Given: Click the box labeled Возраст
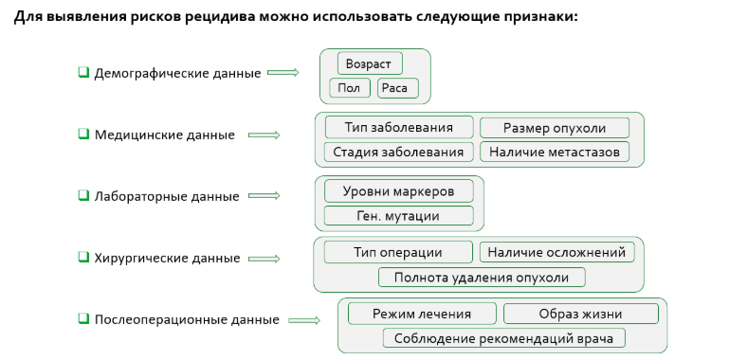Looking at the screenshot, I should (x=370, y=63).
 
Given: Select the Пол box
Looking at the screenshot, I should (x=350, y=89).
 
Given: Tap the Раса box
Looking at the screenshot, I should (x=397, y=89).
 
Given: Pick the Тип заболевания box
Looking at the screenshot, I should (x=398, y=127).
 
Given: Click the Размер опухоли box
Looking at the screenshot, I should (x=555, y=128).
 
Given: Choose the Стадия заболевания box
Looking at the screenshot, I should (x=398, y=152).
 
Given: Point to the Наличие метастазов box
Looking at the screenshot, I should (x=555, y=152).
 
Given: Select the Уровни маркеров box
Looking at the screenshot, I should (x=398, y=190).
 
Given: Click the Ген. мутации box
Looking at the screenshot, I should (x=398, y=215).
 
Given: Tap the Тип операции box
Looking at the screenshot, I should (x=398, y=252).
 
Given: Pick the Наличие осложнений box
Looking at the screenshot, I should (x=556, y=252).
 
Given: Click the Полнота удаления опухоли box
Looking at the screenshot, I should (x=482, y=277).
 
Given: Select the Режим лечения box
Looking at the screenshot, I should (x=422, y=314).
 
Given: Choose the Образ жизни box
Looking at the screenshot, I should (x=580, y=314).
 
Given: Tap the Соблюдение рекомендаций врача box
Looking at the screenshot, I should (x=504, y=338).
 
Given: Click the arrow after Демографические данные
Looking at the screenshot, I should (x=282, y=73).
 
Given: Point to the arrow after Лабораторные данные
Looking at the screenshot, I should (x=264, y=196).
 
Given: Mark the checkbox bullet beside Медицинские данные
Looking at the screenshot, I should (x=83, y=134).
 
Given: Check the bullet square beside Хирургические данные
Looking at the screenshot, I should (x=83, y=257).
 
